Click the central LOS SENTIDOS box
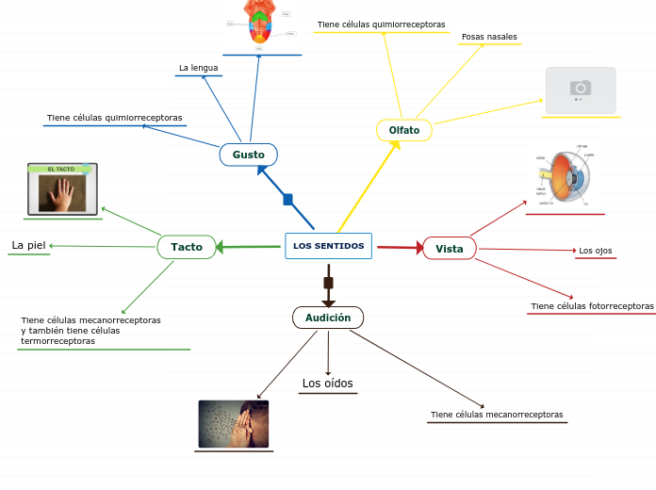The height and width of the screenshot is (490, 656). pos(328,246)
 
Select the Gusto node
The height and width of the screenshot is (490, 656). pos(248,155)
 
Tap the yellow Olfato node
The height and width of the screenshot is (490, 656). pos(403,129)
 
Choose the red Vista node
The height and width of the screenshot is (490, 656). pos(449,249)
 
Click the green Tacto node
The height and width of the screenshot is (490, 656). pos(186,247)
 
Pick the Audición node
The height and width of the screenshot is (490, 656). pos(327,318)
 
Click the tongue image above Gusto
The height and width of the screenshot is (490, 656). pos(261,24)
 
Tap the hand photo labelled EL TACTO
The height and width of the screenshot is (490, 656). pos(62,189)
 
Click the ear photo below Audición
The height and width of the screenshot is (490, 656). pos(234,424)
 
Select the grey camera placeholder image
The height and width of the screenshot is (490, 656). pos(581,90)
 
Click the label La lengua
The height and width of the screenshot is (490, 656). pos(198,68)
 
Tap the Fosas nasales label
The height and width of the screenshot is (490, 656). pos(489,37)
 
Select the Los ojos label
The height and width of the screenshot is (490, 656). pos(595,251)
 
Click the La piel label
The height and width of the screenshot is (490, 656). pos(28,246)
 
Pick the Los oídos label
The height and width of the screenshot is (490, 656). pos(327,384)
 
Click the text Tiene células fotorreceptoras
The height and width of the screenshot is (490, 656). pos(592,306)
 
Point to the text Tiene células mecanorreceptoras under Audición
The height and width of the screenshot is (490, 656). pos(497,415)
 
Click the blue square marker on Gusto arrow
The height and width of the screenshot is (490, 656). pos(287,199)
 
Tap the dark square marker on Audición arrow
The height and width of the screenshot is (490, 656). pos(328,283)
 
